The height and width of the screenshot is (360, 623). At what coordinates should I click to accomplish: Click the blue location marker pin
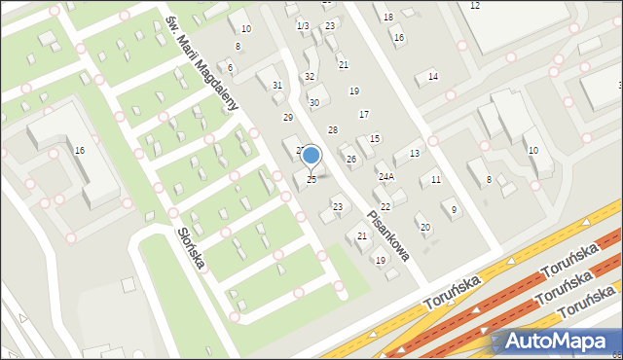point(311,156)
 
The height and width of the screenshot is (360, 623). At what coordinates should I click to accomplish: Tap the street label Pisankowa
point(387,234)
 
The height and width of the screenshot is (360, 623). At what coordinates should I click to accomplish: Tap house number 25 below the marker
point(311,179)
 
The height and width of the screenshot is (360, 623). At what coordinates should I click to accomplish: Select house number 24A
point(385,176)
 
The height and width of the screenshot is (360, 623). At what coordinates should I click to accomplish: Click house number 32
point(310,76)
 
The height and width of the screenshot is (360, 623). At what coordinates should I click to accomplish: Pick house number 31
point(277,86)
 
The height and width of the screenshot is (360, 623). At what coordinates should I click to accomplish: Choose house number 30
point(313,102)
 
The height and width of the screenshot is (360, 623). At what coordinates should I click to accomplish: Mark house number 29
point(287,117)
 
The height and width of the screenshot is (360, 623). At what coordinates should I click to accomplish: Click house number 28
point(332,129)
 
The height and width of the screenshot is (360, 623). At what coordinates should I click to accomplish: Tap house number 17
point(363,114)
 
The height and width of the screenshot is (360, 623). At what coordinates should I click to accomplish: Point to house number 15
point(374,139)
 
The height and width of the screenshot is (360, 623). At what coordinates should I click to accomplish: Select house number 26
point(350,159)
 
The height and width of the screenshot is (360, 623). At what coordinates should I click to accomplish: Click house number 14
point(432,76)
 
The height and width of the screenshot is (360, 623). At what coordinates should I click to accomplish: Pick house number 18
point(387,18)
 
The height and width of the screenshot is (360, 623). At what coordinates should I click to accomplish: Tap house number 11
point(436,180)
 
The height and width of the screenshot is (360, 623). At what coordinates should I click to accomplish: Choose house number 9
point(454,210)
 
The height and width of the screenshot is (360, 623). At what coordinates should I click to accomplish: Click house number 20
point(424,227)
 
